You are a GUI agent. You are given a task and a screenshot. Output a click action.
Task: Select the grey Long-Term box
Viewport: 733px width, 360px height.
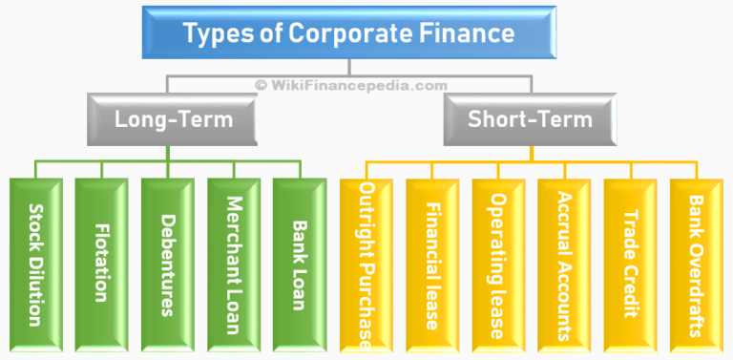point(173,120)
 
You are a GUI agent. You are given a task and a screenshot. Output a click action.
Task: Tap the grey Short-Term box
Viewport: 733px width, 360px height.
point(530,120)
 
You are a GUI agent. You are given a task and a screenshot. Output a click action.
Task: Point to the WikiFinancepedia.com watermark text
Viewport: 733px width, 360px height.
point(350,85)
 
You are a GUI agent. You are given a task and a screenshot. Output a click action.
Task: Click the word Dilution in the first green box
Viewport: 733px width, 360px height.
point(35,291)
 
